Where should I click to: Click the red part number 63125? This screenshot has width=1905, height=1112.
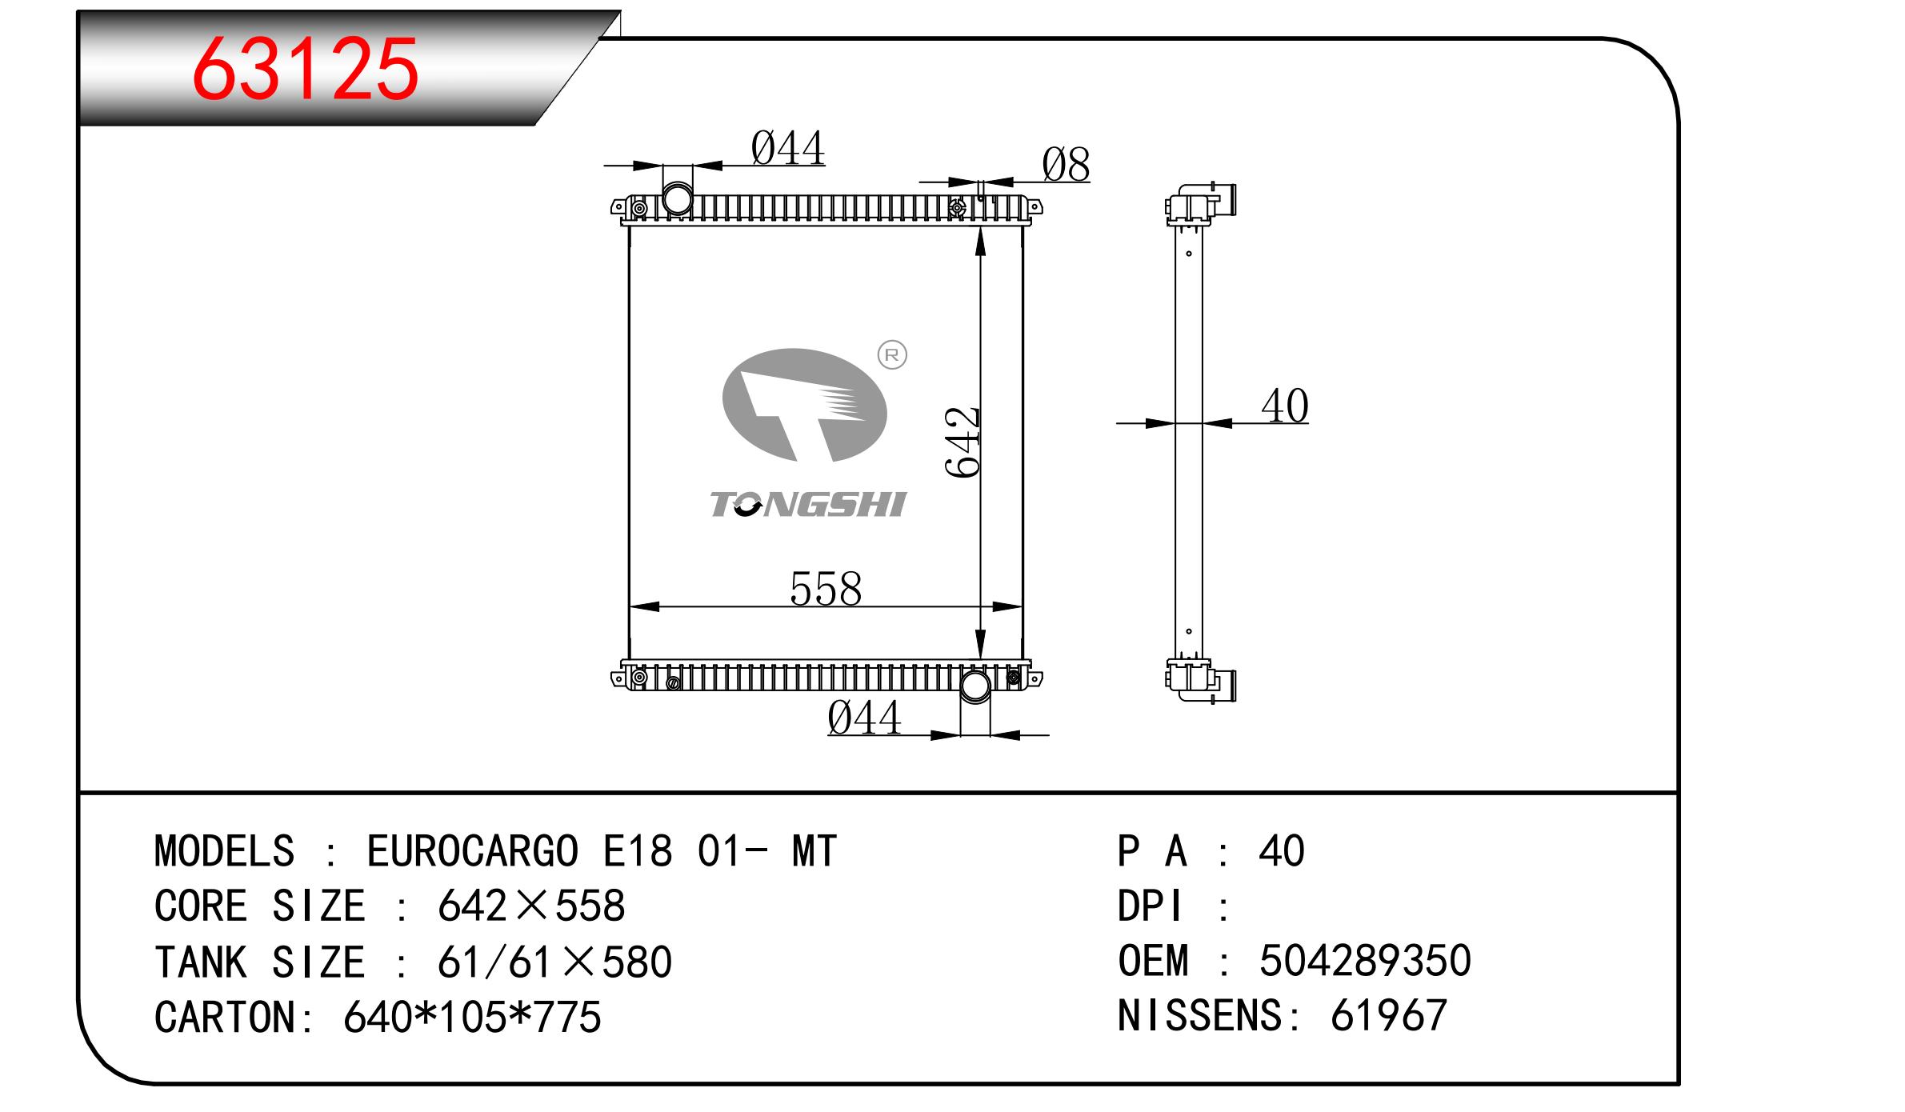305,70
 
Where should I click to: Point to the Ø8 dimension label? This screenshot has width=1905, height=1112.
1066,165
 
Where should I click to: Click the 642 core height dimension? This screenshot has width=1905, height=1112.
963,442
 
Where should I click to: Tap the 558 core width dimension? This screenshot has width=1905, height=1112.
826,589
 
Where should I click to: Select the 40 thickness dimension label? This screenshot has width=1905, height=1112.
1285,406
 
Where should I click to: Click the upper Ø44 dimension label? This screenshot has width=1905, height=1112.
788,149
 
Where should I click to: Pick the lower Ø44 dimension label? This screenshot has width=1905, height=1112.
864,718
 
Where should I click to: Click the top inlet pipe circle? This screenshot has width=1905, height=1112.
678,198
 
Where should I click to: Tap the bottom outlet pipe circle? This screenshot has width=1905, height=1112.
975,686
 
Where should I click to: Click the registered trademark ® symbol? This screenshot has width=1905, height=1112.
892,354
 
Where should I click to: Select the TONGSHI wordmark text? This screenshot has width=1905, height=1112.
808,505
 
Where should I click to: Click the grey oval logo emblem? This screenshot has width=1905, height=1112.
804,406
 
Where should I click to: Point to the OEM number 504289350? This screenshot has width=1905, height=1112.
1365,960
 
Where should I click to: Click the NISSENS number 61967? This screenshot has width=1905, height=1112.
1389,1015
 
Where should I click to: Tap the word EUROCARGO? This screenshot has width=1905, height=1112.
472,850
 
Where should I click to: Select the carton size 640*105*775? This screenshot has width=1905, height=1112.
472,1017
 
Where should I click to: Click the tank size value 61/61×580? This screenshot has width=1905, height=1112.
554,962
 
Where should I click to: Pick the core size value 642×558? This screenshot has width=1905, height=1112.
531,906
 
